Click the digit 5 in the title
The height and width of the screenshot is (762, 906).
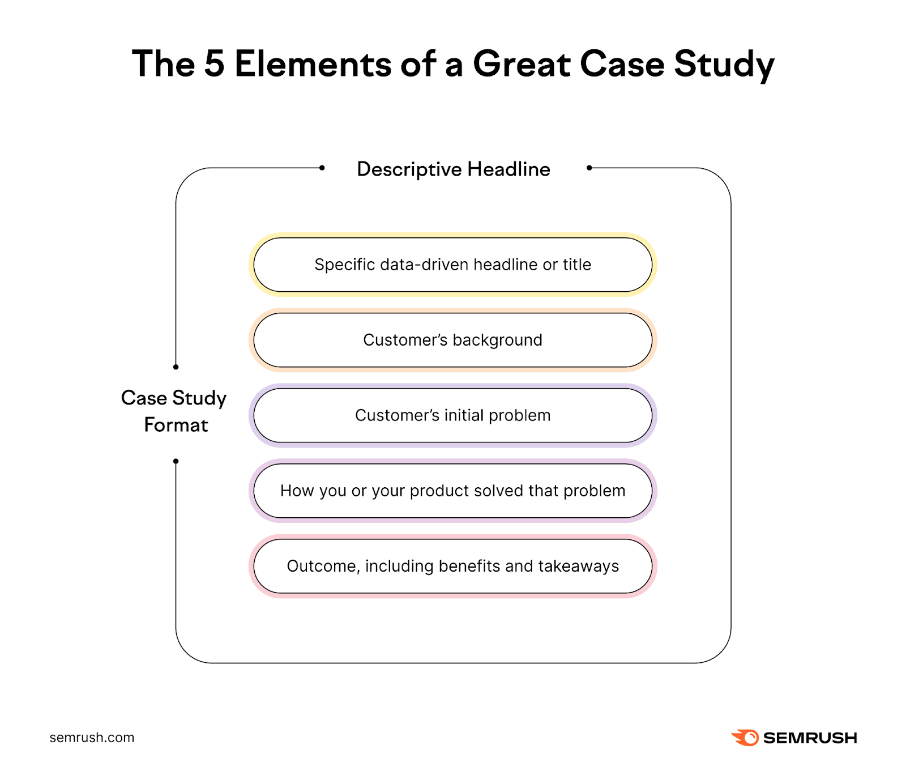[x=214, y=64]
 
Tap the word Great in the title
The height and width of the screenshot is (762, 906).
[x=522, y=64]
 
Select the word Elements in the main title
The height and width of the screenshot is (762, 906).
[x=313, y=64]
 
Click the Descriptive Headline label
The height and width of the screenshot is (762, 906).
[x=454, y=169]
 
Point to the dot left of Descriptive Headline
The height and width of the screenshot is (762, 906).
[x=322, y=168]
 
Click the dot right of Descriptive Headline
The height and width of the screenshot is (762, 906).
[x=589, y=168]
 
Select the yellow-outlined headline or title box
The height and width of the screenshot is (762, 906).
[x=453, y=265]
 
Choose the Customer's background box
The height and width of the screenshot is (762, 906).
[x=453, y=340]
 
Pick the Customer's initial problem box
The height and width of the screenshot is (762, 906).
[x=453, y=415]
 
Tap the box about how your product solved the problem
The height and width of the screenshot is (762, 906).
[x=453, y=491]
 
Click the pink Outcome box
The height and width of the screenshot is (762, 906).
[x=453, y=566]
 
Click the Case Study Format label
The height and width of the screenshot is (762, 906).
[x=174, y=411]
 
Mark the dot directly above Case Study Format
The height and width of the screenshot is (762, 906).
[x=176, y=367]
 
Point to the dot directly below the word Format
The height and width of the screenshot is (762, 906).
[x=176, y=461]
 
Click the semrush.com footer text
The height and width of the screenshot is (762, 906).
[x=92, y=738]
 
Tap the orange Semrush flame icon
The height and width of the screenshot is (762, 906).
[x=745, y=738]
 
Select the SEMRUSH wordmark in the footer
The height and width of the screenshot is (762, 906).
[x=810, y=738]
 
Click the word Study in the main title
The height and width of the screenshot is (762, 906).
[x=724, y=64]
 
